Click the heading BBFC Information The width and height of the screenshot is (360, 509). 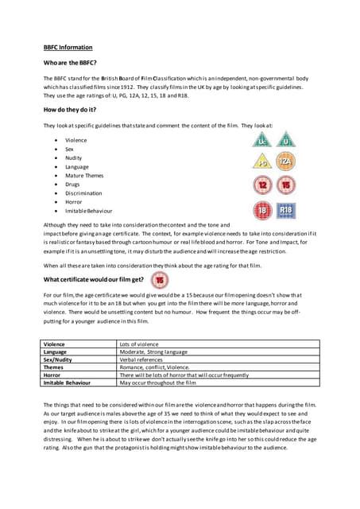click(68, 47)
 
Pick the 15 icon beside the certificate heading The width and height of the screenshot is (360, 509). click(161, 280)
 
